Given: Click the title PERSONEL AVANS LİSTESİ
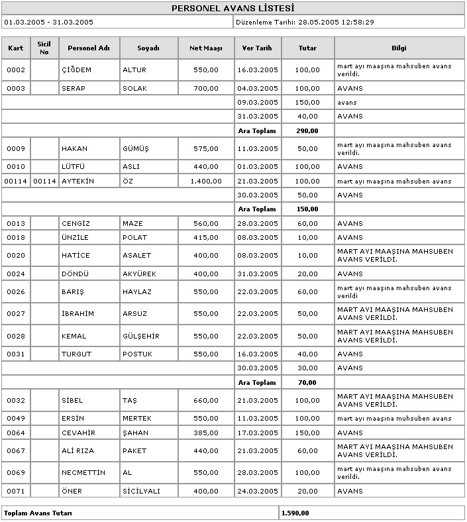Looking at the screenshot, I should pyautogui.click(x=233, y=9).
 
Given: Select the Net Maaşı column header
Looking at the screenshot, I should pyautogui.click(x=206, y=48).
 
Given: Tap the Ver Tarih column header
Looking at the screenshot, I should pyautogui.click(x=257, y=48).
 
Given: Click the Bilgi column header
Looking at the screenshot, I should pyautogui.click(x=399, y=48).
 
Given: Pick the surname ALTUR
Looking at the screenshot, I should pyautogui.click(x=134, y=70).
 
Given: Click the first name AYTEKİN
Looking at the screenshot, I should pyautogui.click(x=78, y=181).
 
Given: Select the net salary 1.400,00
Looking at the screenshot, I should pyautogui.click(x=204, y=181).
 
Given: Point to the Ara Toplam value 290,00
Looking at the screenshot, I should pyautogui.click(x=307, y=130).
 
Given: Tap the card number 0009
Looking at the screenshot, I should pyautogui.click(x=15, y=148).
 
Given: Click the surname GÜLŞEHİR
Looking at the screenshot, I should pyautogui.click(x=141, y=336).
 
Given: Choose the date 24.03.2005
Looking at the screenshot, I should pyautogui.click(x=258, y=491).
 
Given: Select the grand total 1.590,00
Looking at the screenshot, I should pyautogui.click(x=295, y=513).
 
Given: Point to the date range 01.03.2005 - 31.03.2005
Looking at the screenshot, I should pyautogui.click(x=48, y=22).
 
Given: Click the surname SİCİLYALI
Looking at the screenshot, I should pyautogui.click(x=141, y=491).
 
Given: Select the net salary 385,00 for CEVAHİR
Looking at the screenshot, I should pyautogui.click(x=206, y=433).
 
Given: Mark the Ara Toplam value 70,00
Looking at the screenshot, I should pyautogui.click(x=307, y=382).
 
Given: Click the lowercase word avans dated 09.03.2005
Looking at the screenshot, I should pyautogui.click(x=346, y=103).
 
